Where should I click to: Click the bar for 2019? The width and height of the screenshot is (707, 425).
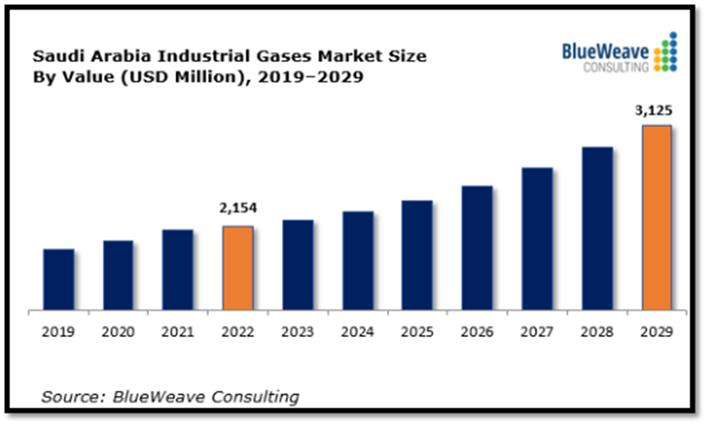click(x=58, y=279)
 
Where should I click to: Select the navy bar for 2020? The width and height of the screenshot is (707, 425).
click(x=118, y=275)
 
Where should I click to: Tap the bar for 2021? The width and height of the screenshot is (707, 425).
click(x=178, y=269)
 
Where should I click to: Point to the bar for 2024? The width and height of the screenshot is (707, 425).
click(x=358, y=260)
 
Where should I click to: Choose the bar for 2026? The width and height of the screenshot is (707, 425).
click(x=477, y=248)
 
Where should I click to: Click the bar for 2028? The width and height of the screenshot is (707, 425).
click(x=597, y=228)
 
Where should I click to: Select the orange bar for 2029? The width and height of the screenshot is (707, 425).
click(x=657, y=217)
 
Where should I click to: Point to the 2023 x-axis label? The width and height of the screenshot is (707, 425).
click(x=298, y=332)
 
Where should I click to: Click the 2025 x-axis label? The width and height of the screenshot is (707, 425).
click(x=418, y=332)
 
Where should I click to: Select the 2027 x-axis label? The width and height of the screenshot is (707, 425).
click(x=537, y=332)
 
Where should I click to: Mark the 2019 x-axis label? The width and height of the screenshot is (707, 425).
click(x=58, y=332)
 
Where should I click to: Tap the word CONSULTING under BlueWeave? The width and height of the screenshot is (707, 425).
click(x=616, y=67)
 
